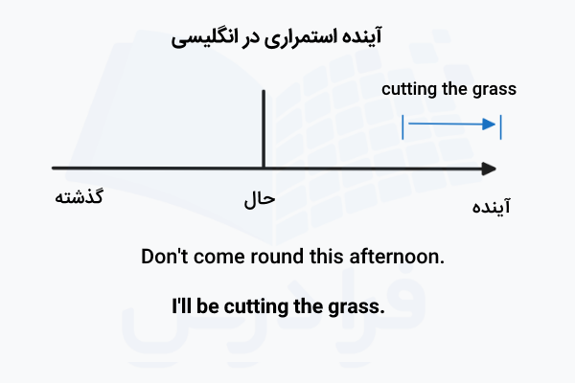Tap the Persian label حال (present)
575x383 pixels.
click(x=260, y=200)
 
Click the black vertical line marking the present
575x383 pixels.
click(x=264, y=129)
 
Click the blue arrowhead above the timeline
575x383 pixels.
click(x=492, y=124)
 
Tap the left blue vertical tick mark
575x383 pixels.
click(x=403, y=125)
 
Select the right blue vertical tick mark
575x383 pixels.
click(x=501, y=125)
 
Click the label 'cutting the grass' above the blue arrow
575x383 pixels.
click(x=448, y=90)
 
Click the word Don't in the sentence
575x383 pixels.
click(x=165, y=257)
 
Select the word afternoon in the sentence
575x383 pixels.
click(x=402, y=257)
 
